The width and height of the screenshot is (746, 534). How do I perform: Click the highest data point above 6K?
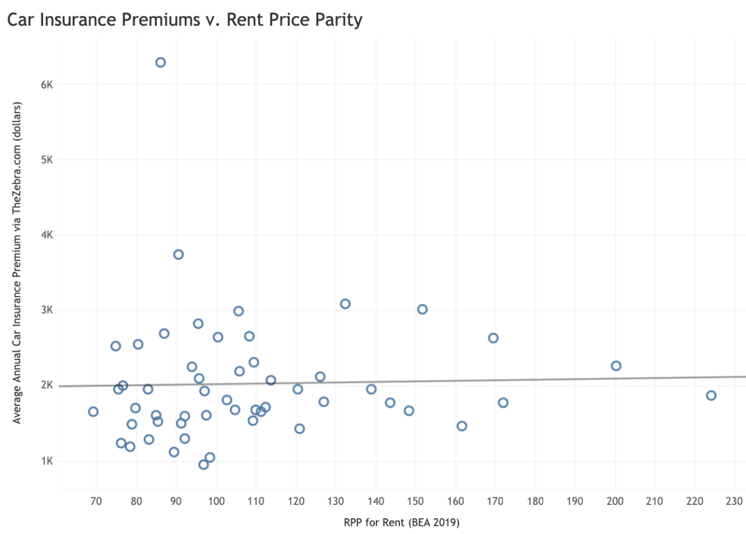click(x=160, y=62)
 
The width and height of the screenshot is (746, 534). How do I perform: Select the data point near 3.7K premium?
click(x=178, y=254)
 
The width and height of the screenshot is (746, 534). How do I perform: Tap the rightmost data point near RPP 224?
click(x=711, y=395)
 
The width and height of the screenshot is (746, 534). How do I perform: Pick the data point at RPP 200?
click(x=616, y=366)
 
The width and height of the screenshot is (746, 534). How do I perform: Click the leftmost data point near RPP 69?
click(x=93, y=412)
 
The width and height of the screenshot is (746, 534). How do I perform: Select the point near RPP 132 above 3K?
click(x=345, y=304)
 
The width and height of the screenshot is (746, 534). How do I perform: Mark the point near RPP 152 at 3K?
click(x=423, y=309)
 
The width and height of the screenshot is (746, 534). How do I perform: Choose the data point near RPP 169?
click(x=493, y=338)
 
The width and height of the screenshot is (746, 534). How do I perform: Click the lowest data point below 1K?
click(x=203, y=465)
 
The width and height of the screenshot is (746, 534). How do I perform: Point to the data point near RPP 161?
click(x=462, y=426)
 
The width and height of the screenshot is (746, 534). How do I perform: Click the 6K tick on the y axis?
click(x=47, y=84)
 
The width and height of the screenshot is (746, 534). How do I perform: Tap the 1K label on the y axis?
click(x=47, y=461)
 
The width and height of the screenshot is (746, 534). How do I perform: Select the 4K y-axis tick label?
click(x=47, y=235)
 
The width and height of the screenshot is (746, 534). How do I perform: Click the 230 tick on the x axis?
click(x=735, y=501)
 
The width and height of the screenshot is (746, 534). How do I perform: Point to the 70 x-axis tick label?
click(x=96, y=501)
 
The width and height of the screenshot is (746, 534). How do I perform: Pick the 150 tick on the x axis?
click(x=416, y=501)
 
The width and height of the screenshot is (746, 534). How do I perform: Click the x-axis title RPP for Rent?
click(x=402, y=523)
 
